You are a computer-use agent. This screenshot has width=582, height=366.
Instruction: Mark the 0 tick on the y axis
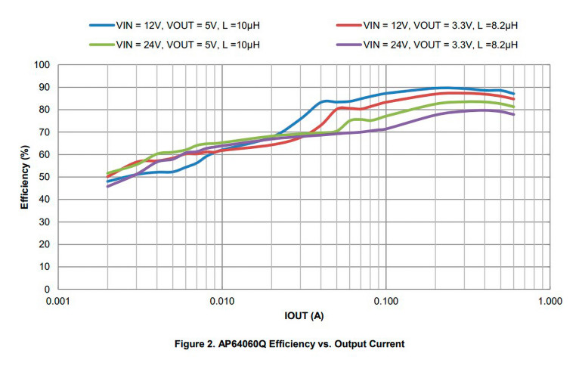(x=46, y=290)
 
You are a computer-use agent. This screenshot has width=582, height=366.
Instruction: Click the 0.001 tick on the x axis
(x=58, y=301)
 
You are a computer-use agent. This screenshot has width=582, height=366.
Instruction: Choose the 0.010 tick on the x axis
(x=221, y=301)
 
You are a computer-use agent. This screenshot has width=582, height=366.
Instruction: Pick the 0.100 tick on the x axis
(x=385, y=301)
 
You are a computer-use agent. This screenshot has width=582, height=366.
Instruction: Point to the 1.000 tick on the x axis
(x=549, y=301)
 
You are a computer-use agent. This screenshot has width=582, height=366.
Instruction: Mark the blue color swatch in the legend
(x=108, y=25)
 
